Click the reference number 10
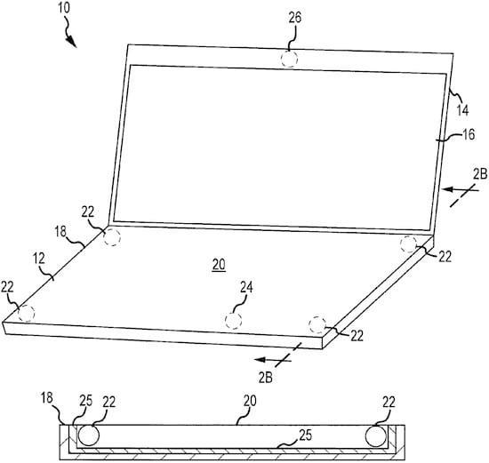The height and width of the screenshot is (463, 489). (64, 8)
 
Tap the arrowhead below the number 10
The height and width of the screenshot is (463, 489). (71, 42)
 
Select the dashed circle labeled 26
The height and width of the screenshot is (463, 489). (289, 59)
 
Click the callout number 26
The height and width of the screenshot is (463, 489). (294, 18)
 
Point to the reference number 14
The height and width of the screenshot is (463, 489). (462, 110)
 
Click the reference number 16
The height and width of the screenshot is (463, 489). (469, 134)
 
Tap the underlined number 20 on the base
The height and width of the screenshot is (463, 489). (219, 265)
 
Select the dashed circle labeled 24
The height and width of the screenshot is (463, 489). (233, 320)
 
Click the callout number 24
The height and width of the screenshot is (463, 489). (246, 287)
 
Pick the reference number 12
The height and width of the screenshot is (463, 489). (39, 259)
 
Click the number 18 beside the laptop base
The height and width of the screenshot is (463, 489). (60, 232)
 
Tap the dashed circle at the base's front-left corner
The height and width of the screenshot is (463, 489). (26, 314)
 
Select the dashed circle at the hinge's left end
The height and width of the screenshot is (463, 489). (112, 237)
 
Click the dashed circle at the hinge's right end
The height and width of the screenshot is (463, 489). (408, 244)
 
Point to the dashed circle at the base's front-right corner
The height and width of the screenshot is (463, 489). (317, 324)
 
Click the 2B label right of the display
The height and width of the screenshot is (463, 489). (480, 174)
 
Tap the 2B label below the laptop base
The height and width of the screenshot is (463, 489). (266, 378)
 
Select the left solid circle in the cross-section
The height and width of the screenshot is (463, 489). (89, 435)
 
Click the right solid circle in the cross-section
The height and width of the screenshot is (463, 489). (376, 435)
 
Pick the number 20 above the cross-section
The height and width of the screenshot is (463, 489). (250, 401)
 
